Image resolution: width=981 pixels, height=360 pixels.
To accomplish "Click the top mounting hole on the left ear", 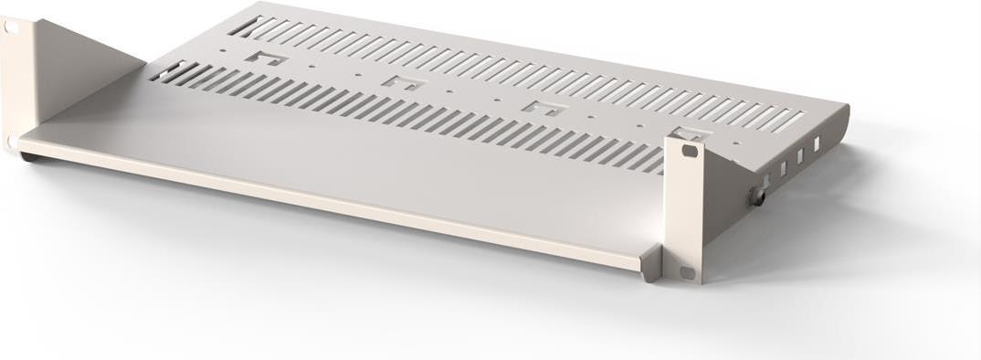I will [10, 28].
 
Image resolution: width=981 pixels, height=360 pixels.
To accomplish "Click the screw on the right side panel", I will [757, 195].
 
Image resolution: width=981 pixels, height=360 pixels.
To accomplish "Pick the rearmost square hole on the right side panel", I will [817, 143].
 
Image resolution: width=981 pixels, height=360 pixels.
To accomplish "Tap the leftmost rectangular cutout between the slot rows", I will [271, 59].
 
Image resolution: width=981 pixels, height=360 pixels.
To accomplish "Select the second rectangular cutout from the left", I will [403, 82].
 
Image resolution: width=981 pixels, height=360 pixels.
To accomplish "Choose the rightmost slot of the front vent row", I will [655, 164].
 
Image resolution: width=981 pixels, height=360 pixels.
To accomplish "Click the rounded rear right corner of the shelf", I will [842, 114].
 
